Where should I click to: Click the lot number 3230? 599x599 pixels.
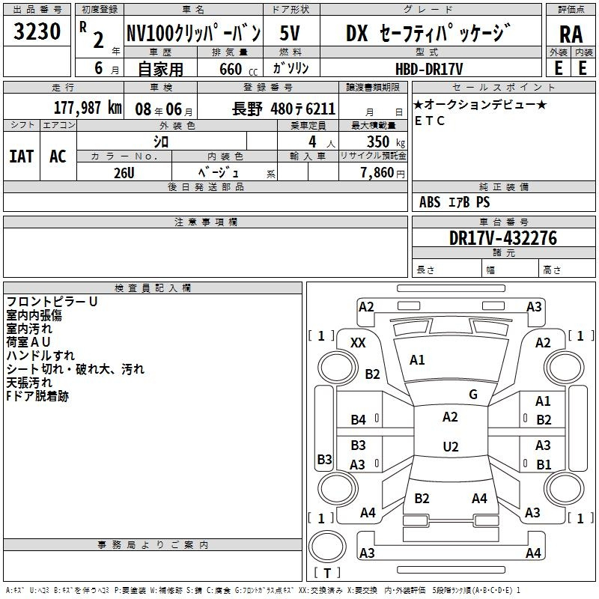37,31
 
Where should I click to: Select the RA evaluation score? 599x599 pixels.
571,34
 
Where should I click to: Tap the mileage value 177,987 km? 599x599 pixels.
88,108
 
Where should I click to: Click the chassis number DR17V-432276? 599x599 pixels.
503,238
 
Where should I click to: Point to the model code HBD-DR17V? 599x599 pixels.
429,69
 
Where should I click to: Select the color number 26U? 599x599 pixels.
124,173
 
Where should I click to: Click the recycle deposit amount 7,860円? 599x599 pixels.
383,173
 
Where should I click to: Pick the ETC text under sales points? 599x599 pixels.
430,121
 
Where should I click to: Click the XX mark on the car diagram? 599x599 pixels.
358,343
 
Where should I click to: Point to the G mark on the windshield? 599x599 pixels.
473,394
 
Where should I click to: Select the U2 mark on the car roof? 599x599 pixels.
451,446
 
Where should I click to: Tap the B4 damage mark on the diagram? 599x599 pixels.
359,420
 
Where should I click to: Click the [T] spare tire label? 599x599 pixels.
327,573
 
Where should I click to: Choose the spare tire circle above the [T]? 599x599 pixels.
327,547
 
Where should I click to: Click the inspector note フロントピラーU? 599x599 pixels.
52,302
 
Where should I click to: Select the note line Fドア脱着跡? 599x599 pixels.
37,396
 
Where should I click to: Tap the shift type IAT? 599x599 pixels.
22,156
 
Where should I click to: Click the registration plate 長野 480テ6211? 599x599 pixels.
284,109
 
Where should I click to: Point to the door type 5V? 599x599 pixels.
290,33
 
